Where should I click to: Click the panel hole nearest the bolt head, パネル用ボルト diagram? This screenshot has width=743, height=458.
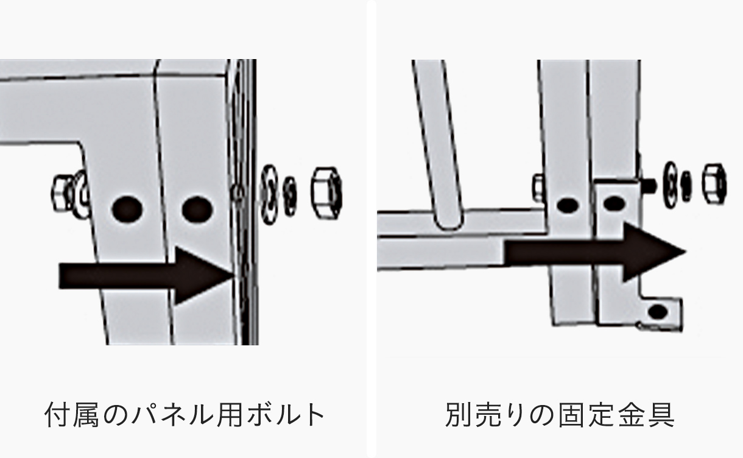[127, 209]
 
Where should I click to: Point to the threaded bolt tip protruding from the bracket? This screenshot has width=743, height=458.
[650, 182]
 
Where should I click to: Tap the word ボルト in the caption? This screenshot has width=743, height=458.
[286, 415]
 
